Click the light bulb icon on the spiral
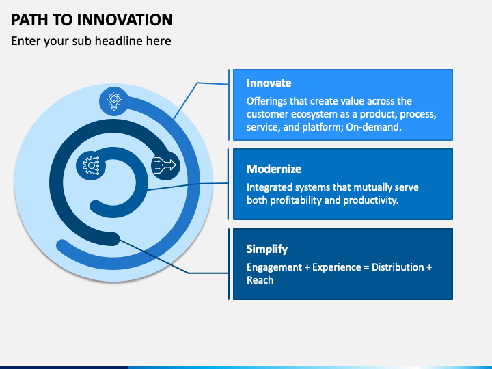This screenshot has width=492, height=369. click(x=114, y=101)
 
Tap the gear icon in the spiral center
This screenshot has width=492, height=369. click(x=91, y=165)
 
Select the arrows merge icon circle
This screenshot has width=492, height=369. click(x=165, y=165)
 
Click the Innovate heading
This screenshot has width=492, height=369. click(x=269, y=83)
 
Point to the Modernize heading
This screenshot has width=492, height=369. click(x=274, y=169)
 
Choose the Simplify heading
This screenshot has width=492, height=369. click(x=267, y=249)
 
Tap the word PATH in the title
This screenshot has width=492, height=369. click(x=30, y=19)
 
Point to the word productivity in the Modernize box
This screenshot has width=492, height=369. click(x=371, y=200)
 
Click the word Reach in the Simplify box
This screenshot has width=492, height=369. click(x=260, y=280)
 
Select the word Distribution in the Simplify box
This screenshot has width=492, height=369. click(x=398, y=267)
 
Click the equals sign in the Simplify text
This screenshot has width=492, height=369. click(x=366, y=267)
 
